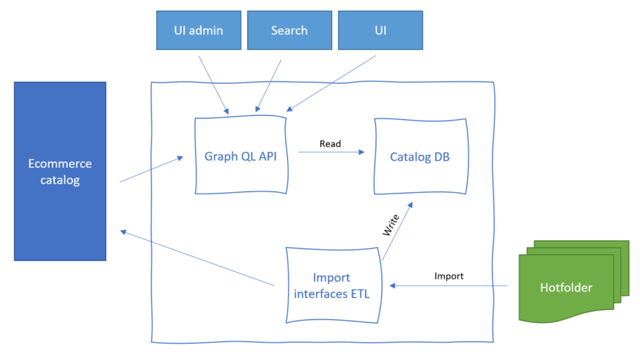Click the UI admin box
coord(199,31)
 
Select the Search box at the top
coord(289,31)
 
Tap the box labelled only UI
coord(380,31)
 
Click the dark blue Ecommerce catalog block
coord(60,171)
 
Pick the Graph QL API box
coord(240,156)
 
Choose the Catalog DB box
coord(420,156)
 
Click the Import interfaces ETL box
coord(332,285)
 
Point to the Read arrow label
coord(330,144)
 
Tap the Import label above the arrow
coord(449,276)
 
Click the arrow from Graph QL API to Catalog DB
coord(331,152)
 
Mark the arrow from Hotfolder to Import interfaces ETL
coord(449,286)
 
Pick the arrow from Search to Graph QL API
coord(269,86)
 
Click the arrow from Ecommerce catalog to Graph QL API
coord(151,170)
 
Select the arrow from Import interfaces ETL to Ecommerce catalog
coord(198,258)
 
